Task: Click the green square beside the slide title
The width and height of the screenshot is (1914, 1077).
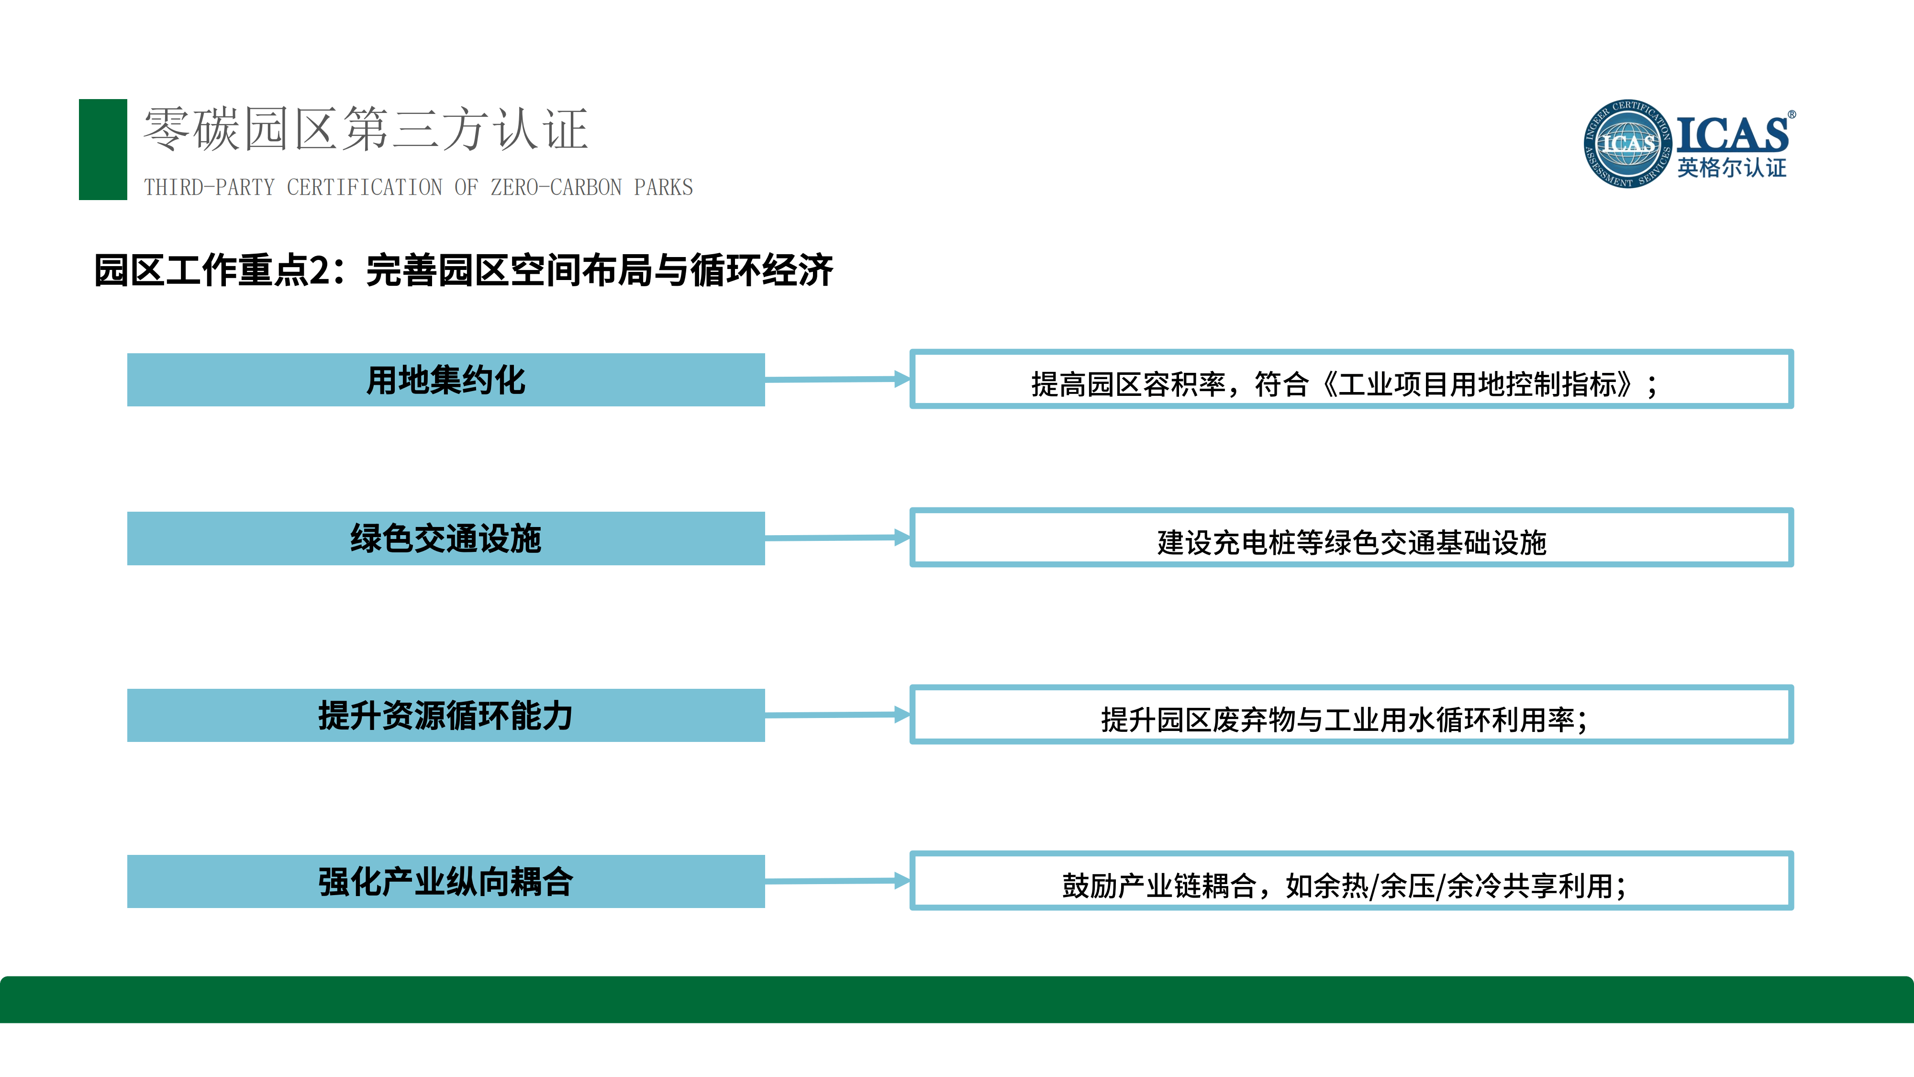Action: pos(102,149)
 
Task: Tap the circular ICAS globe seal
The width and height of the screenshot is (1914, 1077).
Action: pos(1627,144)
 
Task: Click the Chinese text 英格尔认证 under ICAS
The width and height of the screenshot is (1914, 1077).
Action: pos(1731,168)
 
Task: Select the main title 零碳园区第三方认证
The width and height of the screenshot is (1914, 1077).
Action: pos(366,129)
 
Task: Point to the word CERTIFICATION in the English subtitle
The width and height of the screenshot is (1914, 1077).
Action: pos(365,187)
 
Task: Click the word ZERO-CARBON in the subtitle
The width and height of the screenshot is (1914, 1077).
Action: pos(556,187)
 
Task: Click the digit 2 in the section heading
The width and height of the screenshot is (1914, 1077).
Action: pos(320,270)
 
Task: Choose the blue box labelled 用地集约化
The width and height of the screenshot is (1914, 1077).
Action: pos(446,380)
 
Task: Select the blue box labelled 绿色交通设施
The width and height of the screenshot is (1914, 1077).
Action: pos(446,538)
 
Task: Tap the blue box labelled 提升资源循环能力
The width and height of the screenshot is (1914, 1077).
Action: pos(446,715)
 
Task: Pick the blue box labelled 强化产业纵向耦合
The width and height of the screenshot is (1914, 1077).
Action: pos(446,882)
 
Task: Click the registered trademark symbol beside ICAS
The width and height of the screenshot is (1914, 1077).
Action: pos(1792,114)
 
